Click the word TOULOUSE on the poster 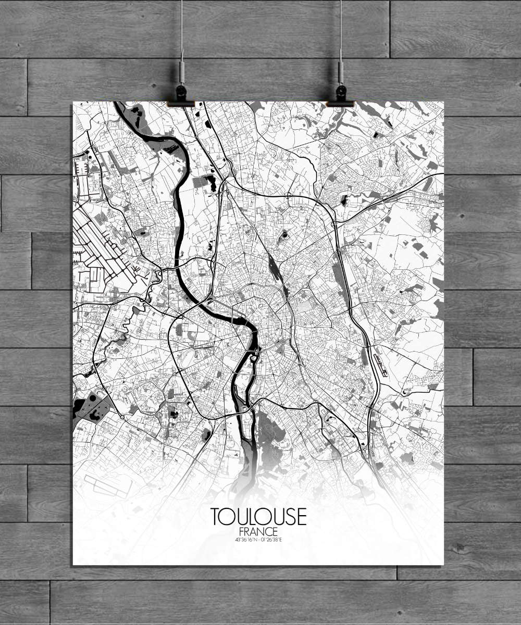258,516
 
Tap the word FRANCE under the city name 258,531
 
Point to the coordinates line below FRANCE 258,539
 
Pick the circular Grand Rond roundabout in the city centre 283,342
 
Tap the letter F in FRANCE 239,531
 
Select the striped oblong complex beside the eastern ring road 381,365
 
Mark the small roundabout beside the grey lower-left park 122,417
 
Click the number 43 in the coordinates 238,539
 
